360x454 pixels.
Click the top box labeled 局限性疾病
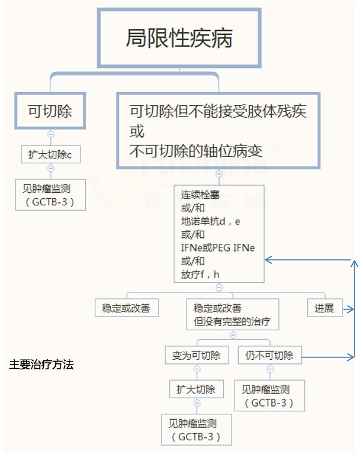(179, 37)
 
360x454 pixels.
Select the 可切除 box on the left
(50, 110)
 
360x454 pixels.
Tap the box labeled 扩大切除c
(50, 155)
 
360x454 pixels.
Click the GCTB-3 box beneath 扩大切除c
(50, 193)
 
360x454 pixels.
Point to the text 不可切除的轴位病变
(196, 150)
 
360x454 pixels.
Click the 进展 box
(325, 308)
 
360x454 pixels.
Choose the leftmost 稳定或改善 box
(127, 308)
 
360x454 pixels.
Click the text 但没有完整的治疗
(232, 322)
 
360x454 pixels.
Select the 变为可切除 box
(196, 355)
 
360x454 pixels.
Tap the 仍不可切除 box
(269, 355)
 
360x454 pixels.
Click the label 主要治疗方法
(41, 365)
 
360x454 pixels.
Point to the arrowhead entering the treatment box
(268, 260)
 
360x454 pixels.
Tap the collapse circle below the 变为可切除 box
(196, 369)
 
